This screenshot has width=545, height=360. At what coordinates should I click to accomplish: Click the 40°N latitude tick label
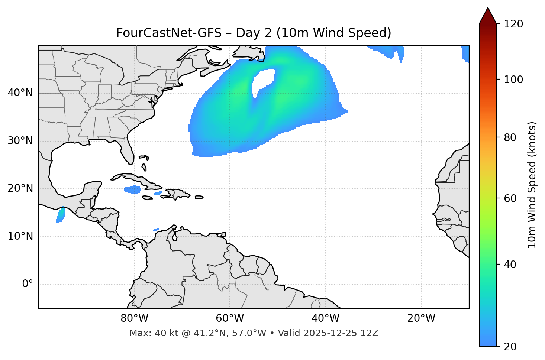tap(20, 93)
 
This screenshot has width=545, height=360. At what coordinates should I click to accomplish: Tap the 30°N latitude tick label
tap(20, 141)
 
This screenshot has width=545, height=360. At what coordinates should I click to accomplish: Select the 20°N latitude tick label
tap(20, 188)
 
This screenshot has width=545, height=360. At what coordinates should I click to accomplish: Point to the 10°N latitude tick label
tap(20, 236)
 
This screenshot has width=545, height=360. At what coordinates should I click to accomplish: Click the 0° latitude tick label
tap(28, 284)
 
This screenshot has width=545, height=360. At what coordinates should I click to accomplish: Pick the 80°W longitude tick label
tap(134, 318)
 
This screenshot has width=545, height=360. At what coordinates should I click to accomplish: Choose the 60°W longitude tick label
tap(230, 318)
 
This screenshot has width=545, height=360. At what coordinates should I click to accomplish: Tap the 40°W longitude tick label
tap(325, 318)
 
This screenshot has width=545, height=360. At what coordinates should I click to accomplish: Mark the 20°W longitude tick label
tap(421, 318)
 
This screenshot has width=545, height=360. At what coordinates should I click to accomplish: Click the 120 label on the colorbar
tap(513, 24)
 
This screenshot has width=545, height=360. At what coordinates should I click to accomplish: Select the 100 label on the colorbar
tap(513, 80)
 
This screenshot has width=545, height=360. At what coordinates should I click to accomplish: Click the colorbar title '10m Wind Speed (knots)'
tap(532, 185)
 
